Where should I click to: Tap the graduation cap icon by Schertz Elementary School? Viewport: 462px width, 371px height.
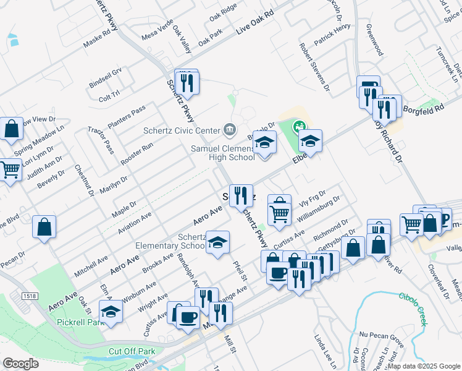[x=217, y=242]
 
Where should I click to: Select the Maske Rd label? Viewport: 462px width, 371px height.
[x=96, y=41]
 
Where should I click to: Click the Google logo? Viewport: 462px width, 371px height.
[x=20, y=364]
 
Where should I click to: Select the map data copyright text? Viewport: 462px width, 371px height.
[x=422, y=366]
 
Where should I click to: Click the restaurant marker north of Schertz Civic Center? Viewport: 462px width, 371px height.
[x=187, y=82]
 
